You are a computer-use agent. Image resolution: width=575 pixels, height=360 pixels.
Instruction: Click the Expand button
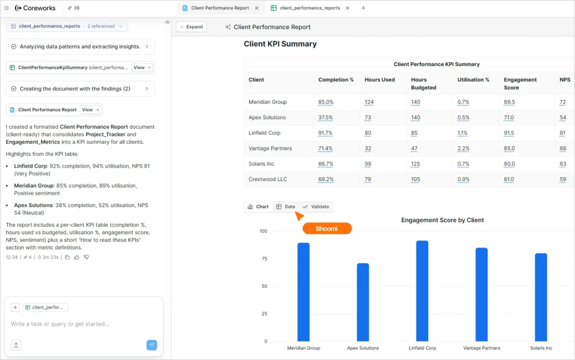[191, 27]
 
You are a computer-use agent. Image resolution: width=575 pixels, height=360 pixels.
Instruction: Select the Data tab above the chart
[286, 207]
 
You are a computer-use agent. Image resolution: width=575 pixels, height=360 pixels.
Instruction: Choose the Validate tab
[316, 207]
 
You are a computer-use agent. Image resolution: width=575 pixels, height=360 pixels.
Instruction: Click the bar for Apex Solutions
[363, 302]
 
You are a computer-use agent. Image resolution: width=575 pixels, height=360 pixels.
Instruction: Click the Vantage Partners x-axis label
[481, 348]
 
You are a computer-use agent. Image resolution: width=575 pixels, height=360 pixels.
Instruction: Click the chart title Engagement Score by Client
[442, 220]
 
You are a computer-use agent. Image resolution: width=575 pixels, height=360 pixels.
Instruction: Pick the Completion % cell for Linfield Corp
[325, 133]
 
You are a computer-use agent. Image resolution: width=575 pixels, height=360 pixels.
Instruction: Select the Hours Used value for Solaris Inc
[369, 164]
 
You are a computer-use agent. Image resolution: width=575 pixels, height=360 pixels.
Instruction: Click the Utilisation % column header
[473, 80]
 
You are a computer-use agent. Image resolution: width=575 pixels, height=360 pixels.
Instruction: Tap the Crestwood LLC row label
[268, 179]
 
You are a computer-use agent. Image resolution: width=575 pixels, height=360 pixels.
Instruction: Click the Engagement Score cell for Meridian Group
[509, 102]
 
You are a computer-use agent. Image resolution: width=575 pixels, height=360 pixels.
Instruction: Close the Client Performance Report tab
[256, 8]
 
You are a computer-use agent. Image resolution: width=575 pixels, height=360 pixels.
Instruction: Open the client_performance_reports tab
[310, 8]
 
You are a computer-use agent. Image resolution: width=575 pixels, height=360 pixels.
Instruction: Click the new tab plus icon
[364, 8]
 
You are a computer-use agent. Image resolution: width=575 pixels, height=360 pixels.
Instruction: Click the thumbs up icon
[76, 257]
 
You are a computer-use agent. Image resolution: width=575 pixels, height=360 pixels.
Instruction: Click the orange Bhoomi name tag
[327, 229]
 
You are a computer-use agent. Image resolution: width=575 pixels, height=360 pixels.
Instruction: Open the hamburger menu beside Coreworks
[6, 8]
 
